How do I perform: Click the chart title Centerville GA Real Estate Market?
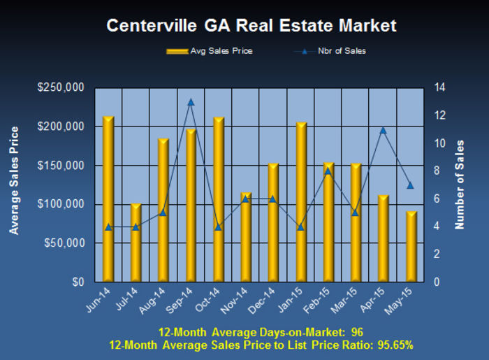[x=251, y=26]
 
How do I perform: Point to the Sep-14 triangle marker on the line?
[x=191, y=102]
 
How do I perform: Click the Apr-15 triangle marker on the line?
[x=383, y=130]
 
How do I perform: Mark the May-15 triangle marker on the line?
[x=411, y=185]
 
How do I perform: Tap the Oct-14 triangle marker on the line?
[x=218, y=226]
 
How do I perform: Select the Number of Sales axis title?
[x=460, y=185]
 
